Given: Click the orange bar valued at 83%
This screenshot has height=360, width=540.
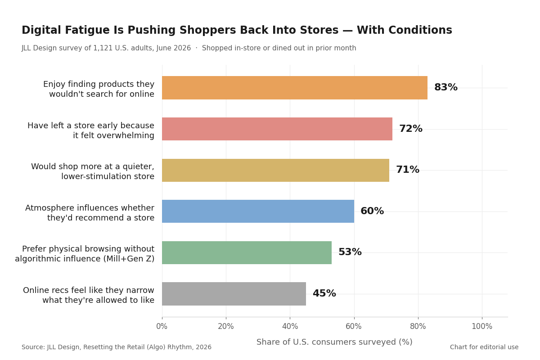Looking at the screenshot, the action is click(x=295, y=88).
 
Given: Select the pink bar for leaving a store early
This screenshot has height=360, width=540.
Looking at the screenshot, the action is click(x=277, y=129).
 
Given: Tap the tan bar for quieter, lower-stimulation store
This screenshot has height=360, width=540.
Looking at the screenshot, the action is click(x=275, y=170).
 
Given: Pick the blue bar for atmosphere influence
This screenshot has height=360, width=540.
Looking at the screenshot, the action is click(x=258, y=211).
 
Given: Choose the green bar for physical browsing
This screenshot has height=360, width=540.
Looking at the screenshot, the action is click(x=247, y=253).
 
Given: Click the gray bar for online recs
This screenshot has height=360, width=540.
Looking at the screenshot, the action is click(x=234, y=294).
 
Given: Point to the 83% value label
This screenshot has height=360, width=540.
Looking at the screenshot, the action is click(x=446, y=87).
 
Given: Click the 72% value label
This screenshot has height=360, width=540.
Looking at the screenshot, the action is click(x=411, y=129).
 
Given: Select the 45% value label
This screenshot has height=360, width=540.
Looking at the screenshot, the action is click(x=324, y=293).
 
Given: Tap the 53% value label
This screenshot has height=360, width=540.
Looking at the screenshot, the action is click(x=350, y=252).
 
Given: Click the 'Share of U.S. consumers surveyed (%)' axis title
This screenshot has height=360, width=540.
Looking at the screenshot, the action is click(x=334, y=342).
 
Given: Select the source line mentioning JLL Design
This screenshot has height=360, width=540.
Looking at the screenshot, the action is click(x=117, y=347).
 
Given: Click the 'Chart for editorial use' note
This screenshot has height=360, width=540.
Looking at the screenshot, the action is click(x=484, y=347).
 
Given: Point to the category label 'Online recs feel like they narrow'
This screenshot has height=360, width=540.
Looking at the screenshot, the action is click(x=89, y=290).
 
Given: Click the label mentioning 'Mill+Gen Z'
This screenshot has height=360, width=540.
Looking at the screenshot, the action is click(x=85, y=259).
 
